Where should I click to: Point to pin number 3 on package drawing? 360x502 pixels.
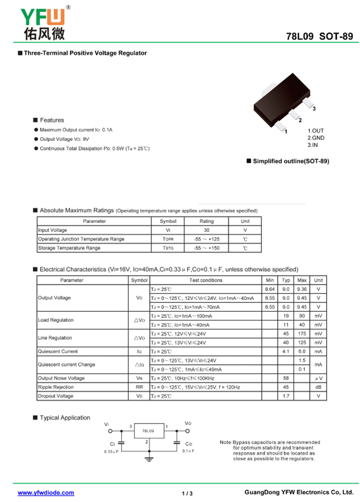click(x=314, y=109)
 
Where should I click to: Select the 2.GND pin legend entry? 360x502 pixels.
click(x=315, y=138)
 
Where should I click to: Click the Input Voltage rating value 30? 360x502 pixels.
click(x=207, y=230)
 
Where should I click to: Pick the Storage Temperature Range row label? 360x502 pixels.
click(x=69, y=248)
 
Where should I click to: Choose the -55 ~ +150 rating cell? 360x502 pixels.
click(x=207, y=248)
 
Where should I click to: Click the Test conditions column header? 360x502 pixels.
click(x=206, y=280)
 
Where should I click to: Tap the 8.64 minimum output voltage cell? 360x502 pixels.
click(x=270, y=289)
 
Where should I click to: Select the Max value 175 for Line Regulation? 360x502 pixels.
click(x=302, y=334)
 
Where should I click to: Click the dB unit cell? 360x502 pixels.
click(x=318, y=387)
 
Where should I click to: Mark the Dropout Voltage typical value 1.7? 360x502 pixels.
click(x=286, y=396)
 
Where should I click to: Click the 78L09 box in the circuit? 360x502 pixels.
click(x=148, y=431)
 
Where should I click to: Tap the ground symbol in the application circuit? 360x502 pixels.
click(x=148, y=459)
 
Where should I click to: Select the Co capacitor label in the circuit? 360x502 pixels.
click(x=189, y=444)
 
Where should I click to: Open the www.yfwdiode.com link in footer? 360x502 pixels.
click(x=46, y=493)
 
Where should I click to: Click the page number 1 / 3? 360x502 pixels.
click(x=187, y=493)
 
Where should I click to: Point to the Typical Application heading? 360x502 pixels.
click(x=65, y=418)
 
